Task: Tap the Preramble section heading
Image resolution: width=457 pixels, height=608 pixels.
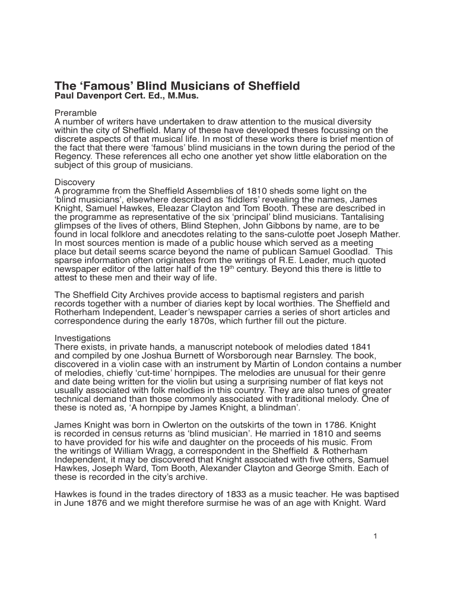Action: (x=75, y=113)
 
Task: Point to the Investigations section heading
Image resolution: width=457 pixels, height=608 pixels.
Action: (x=82, y=338)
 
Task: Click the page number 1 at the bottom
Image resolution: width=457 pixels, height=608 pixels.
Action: (x=376, y=536)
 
